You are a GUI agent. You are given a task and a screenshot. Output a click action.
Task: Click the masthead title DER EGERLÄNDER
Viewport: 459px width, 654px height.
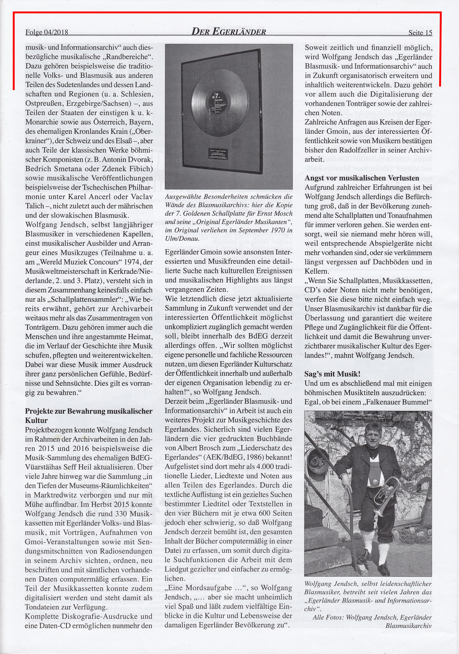[229, 32]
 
